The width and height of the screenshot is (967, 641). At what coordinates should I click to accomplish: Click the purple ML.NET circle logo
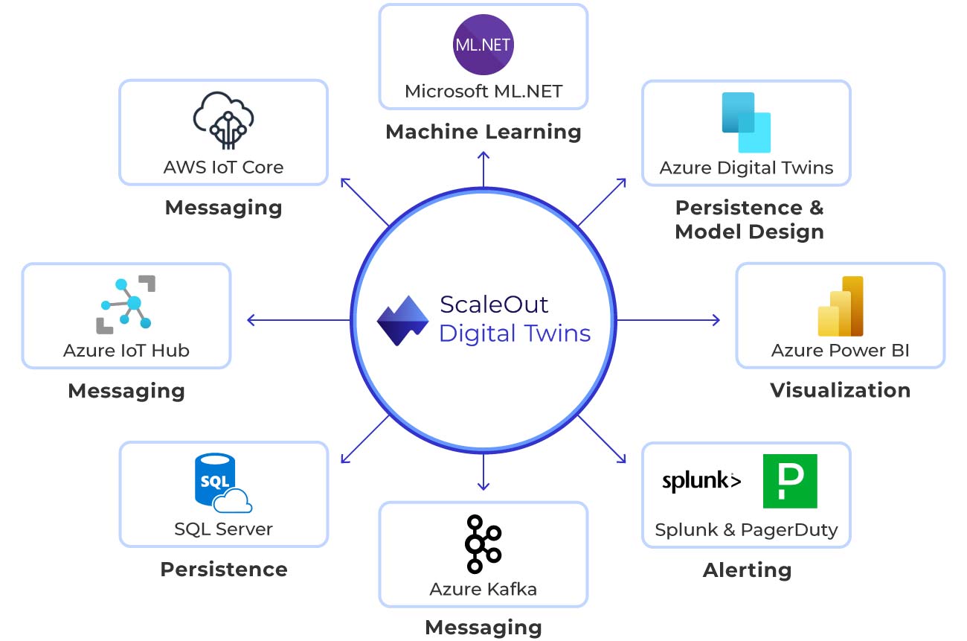[x=483, y=45]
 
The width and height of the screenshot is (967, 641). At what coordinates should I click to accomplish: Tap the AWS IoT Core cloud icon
[x=223, y=121]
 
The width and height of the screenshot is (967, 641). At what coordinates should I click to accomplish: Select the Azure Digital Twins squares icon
[x=746, y=123]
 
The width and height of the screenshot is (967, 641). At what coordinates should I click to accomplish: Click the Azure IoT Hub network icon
[x=126, y=304]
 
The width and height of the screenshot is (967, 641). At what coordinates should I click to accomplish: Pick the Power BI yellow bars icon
[x=841, y=306]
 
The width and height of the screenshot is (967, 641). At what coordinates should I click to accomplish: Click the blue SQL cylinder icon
[x=223, y=482]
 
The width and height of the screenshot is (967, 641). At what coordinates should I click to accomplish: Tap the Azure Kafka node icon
[x=483, y=543]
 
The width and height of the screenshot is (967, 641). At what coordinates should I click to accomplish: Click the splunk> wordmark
[x=701, y=481]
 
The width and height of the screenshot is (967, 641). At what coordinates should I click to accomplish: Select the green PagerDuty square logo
[x=790, y=481]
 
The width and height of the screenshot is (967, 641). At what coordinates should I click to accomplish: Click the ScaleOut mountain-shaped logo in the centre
[x=402, y=320]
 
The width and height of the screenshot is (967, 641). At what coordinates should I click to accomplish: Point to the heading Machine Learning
[x=483, y=132]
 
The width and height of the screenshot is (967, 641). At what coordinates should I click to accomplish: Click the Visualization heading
[x=841, y=390]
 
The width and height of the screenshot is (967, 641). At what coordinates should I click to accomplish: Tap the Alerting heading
[x=747, y=570]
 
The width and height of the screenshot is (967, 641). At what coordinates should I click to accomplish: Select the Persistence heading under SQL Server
[x=224, y=570]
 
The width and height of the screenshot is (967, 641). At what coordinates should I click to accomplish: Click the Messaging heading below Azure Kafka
[x=483, y=628]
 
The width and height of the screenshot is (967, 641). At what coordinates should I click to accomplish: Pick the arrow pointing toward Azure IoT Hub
[x=298, y=320]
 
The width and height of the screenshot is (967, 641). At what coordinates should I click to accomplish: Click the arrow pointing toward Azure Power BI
[x=668, y=320]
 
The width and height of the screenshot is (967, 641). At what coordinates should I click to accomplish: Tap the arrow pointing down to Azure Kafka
[x=483, y=472]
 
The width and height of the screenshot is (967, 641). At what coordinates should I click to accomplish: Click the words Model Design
[x=750, y=232]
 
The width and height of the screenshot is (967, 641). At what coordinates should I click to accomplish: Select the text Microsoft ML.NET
[x=483, y=92]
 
